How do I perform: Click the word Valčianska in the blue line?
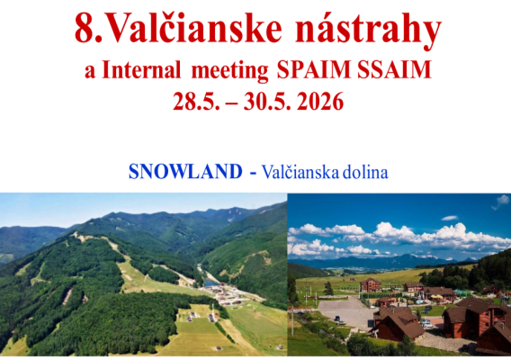(x=301, y=171)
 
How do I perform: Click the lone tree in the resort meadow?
(x=329, y=289)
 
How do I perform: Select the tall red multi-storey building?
(x=370, y=285)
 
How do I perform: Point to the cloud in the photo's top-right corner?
(x=500, y=202)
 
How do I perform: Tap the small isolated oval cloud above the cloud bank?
(x=449, y=218)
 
